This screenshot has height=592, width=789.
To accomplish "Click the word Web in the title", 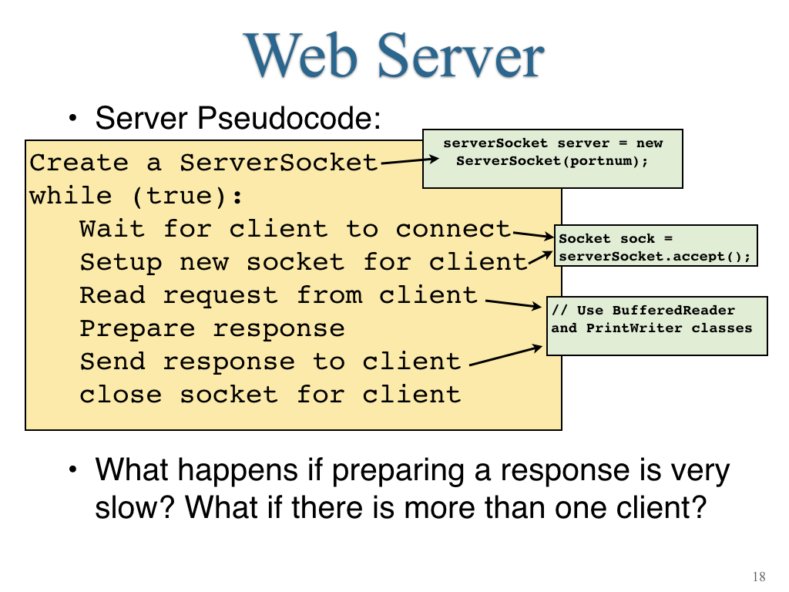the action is [301, 55].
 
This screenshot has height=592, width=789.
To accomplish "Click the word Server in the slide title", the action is [461, 55].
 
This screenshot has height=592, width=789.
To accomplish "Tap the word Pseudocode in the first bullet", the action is [289, 119].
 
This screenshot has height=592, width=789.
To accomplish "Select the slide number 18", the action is [759, 577].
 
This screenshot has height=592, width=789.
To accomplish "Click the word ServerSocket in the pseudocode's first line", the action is [279, 163].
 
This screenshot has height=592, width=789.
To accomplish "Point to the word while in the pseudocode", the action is [70, 196].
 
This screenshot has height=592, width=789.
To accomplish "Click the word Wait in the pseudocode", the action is [112, 229].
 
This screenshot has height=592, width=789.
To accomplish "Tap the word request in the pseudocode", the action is [220, 296].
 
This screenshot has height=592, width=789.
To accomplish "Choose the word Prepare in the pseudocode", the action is [137, 329].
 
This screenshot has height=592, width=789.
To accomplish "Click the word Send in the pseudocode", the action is [112, 362].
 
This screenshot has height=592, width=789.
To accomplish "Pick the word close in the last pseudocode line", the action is [121, 394].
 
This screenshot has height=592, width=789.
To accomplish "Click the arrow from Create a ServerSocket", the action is [410, 161].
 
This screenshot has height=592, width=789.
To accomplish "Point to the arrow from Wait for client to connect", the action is [533, 234].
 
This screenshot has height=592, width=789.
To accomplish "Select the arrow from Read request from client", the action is [514, 304].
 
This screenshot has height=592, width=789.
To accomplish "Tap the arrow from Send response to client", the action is [506, 355].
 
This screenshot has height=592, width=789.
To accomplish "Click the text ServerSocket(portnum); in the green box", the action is [552, 161].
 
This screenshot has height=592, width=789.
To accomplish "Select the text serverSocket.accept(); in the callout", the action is [655, 257].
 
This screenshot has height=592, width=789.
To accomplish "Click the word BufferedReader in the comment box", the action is [673, 310].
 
